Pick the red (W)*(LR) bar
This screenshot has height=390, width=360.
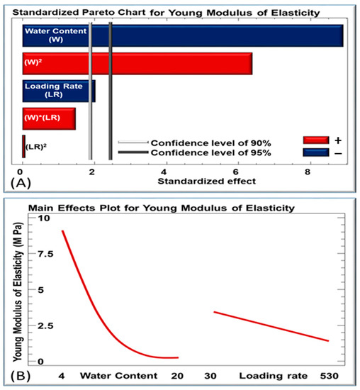[49, 118]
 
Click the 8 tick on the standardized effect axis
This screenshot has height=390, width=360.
[308, 171]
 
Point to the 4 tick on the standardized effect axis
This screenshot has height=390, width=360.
[165, 171]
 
